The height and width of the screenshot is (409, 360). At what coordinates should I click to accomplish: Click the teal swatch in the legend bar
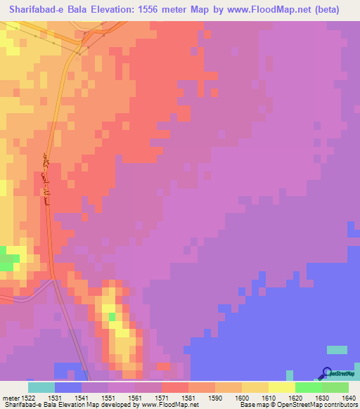click(x=41, y=388)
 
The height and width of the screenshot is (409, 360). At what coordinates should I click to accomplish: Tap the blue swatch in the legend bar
click(x=68, y=388)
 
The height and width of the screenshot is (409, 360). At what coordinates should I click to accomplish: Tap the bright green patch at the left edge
click(x=8, y=263)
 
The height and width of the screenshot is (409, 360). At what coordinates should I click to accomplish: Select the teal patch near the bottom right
click(x=336, y=349)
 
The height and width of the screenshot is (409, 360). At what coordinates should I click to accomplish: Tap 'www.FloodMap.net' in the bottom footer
click(x=169, y=404)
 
